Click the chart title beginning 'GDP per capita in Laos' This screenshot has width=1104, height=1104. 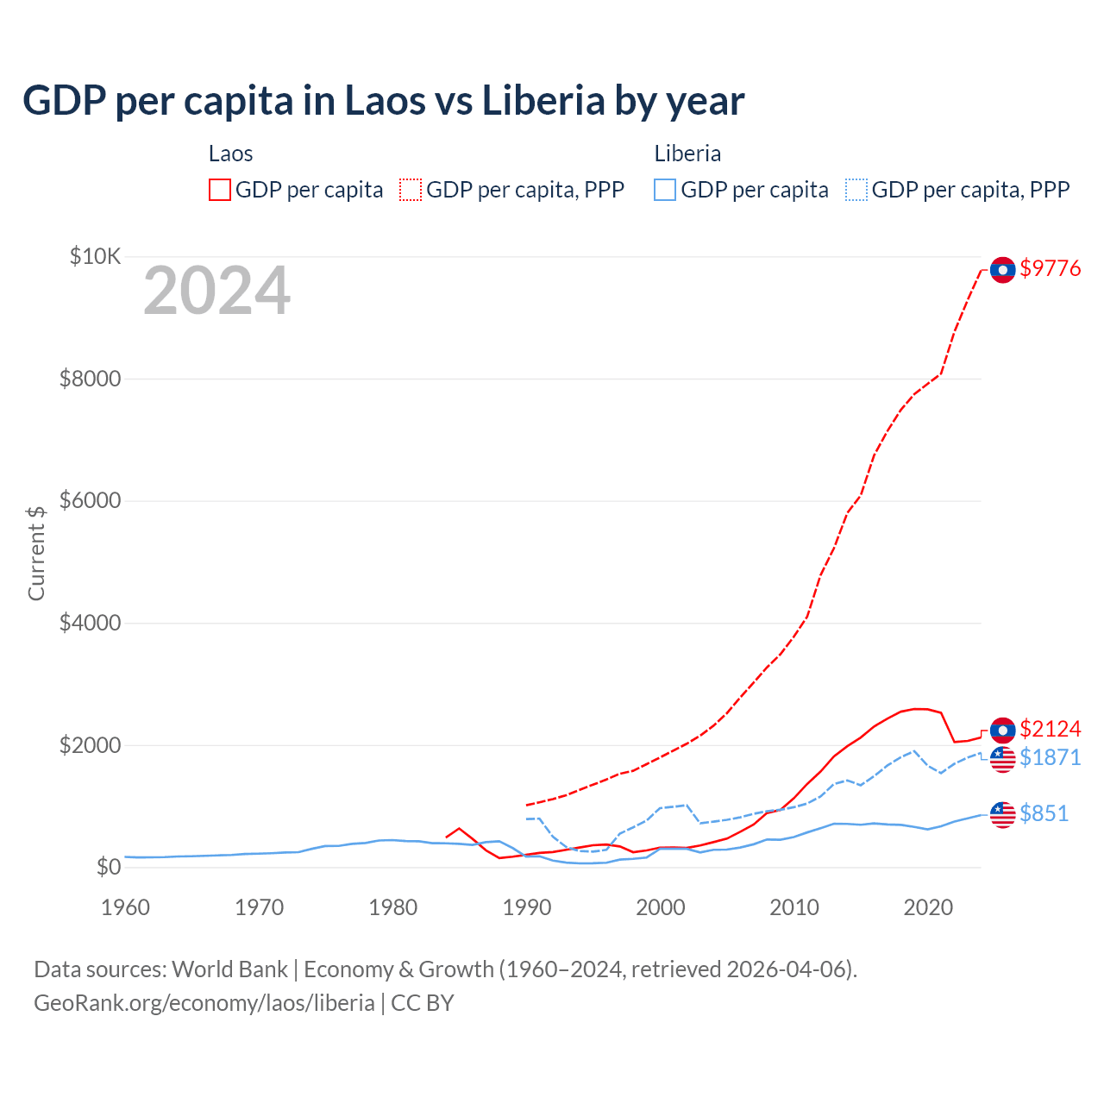tap(383, 101)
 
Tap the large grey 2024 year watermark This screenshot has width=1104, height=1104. tap(216, 292)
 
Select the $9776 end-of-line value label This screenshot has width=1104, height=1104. tap(1050, 269)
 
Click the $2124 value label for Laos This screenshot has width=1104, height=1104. tap(1050, 730)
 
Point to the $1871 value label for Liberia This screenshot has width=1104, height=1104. tap(1050, 758)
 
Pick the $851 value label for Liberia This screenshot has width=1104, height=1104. tap(1044, 814)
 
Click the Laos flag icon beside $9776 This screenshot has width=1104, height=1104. tap(1002, 270)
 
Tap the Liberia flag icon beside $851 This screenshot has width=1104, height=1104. tap(1002, 814)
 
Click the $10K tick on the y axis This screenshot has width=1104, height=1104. tap(96, 257)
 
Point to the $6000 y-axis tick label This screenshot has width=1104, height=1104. tap(90, 501)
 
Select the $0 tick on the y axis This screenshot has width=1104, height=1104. tap(108, 868)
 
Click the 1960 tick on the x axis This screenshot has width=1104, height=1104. tap(126, 908)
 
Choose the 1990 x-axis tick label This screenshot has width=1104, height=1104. tap(527, 908)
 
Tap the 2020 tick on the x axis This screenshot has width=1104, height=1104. tap(928, 908)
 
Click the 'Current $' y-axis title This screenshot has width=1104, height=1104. tap(36, 553)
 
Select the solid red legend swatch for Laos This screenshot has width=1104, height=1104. tap(220, 191)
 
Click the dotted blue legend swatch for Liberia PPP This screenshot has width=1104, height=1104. tap(856, 191)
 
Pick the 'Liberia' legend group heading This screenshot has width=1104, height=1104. tap(687, 154)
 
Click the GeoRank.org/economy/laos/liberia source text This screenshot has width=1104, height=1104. tap(204, 1003)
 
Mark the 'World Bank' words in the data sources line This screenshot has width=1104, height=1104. tap(229, 969)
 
